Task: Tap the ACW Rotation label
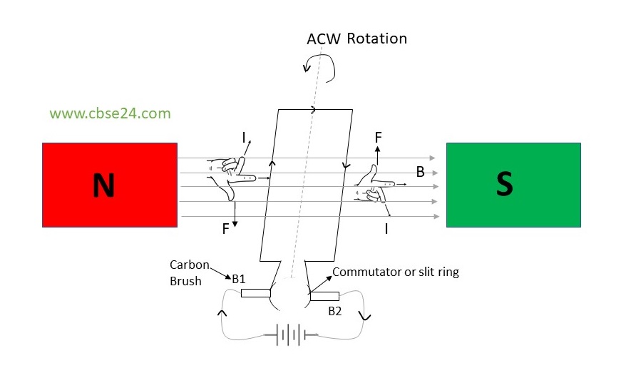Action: [x=356, y=39]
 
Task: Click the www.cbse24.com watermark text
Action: [x=111, y=113]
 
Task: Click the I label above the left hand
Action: [x=243, y=136]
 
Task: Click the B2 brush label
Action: [x=336, y=311]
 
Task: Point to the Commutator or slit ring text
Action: [x=396, y=272]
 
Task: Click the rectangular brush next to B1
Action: [x=255, y=292]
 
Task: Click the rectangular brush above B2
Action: [x=324, y=296]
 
